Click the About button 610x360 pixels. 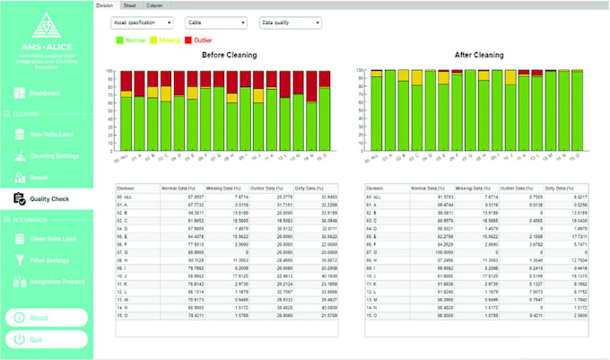tap(47, 317)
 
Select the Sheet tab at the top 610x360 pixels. tap(130, 4)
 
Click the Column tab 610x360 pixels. tap(154, 4)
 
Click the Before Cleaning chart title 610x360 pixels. tap(225, 55)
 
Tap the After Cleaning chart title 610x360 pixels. tap(475, 55)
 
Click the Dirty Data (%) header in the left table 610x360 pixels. tap(315, 189)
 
